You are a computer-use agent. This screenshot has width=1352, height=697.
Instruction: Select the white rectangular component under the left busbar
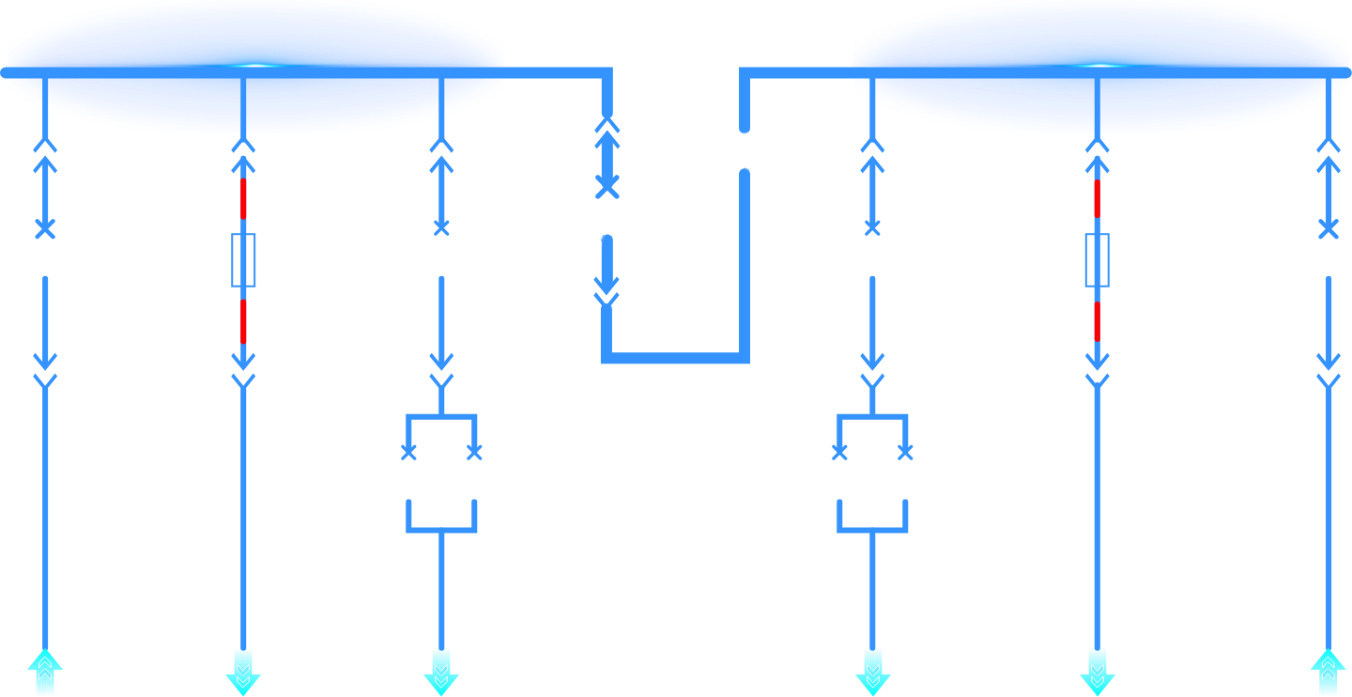(243, 260)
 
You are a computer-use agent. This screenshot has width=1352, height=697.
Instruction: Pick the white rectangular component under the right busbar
(1097, 260)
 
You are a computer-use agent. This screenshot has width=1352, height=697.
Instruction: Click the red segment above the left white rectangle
(243, 198)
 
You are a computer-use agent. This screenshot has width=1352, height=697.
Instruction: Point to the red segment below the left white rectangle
(243, 321)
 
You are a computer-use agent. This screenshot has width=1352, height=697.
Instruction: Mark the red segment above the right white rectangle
(1097, 198)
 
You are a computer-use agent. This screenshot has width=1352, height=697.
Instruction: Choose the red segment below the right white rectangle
(1097, 321)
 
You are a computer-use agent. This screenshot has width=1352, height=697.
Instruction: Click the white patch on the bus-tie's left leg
(584, 225)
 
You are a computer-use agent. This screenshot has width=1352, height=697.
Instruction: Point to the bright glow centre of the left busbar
(255, 66)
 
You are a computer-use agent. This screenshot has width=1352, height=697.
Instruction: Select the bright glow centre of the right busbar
(1100, 66)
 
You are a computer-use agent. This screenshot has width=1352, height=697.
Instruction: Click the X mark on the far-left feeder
(45, 228)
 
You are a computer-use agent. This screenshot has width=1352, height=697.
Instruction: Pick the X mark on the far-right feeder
(1328, 228)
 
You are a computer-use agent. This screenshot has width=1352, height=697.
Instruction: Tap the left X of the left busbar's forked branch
(408, 453)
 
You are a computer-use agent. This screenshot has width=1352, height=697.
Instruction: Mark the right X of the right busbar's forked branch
(905, 453)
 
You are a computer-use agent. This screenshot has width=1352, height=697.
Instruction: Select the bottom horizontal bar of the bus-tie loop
(675, 357)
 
